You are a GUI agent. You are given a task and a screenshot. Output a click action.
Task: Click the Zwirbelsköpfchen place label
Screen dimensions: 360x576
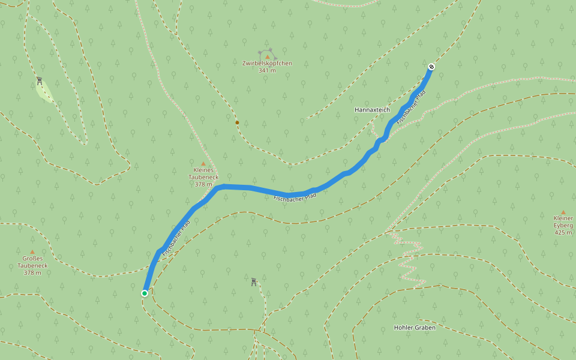[267, 63]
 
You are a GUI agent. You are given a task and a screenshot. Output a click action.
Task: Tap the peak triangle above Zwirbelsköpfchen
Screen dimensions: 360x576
[268, 56]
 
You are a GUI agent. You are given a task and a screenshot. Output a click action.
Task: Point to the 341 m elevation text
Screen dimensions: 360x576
[267, 71]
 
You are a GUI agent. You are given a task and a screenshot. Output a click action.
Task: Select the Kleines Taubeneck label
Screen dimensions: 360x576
[203, 173]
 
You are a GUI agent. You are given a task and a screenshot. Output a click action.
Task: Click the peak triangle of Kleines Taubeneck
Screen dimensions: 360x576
[203, 163]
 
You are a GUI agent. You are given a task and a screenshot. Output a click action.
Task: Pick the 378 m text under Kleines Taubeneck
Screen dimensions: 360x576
[203, 185]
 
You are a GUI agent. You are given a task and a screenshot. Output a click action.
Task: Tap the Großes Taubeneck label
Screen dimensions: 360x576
[32, 262]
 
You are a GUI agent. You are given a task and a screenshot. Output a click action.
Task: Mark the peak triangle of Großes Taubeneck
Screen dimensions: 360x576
[32, 251]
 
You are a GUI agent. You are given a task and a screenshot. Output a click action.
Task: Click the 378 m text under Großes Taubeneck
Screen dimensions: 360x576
[32, 273]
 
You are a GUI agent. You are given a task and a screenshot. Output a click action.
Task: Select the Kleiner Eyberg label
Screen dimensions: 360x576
[563, 221]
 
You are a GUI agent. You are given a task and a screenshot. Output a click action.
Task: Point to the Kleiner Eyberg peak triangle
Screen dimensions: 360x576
[563, 212]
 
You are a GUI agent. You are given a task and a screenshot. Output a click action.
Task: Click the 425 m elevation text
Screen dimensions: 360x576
[563, 232]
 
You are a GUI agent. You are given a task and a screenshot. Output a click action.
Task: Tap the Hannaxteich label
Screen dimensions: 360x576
[372, 110]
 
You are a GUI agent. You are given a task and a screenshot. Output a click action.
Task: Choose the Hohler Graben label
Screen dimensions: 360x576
[415, 328]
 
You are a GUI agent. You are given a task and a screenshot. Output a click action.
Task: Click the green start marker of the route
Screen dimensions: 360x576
[145, 293]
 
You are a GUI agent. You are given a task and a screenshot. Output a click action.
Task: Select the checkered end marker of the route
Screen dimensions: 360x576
[431, 66]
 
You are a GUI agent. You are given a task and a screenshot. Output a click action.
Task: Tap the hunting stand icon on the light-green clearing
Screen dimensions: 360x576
[40, 81]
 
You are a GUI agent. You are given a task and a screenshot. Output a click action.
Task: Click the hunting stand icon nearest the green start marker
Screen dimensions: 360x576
[254, 281]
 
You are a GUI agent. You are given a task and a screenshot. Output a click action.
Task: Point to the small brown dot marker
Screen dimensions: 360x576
[237, 122]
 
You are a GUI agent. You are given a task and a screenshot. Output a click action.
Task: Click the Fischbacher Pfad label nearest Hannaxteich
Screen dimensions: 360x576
[412, 107]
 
